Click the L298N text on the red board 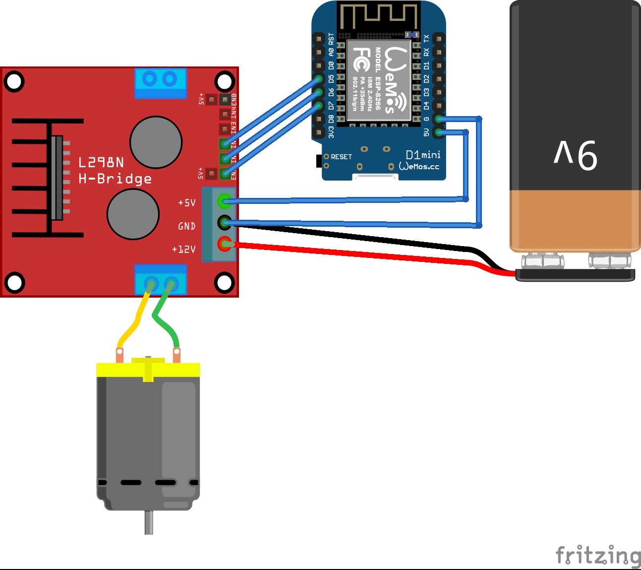pyautogui.click(x=101, y=162)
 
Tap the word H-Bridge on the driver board pyautogui.click(x=115, y=179)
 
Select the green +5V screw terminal pyautogui.click(x=225, y=201)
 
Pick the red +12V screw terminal pyautogui.click(x=225, y=244)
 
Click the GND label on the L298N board pyautogui.click(x=186, y=226)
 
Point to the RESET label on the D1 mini pyautogui.click(x=341, y=157)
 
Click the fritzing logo pyautogui.click(x=598, y=556)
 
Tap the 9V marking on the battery pyautogui.click(x=576, y=155)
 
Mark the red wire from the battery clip pyautogui.click(x=347, y=253)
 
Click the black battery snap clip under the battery pyautogui.click(x=575, y=275)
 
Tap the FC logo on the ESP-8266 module pyautogui.click(x=361, y=60)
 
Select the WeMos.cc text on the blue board pyautogui.click(x=419, y=167)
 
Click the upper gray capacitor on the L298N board pyautogui.click(x=156, y=142)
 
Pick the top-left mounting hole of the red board pyautogui.click(x=14, y=81)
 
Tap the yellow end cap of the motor pyautogui.click(x=148, y=369)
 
